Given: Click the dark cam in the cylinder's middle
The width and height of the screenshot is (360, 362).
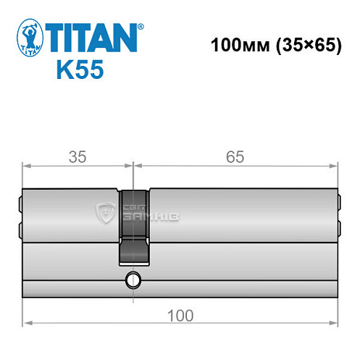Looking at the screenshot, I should pos(133,217).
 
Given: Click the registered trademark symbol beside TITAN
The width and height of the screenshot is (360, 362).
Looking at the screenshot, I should pos(141,27).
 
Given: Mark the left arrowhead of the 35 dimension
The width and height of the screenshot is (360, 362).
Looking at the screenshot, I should pos(26,166).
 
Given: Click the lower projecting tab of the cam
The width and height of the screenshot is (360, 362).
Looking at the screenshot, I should pos(133,255).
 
